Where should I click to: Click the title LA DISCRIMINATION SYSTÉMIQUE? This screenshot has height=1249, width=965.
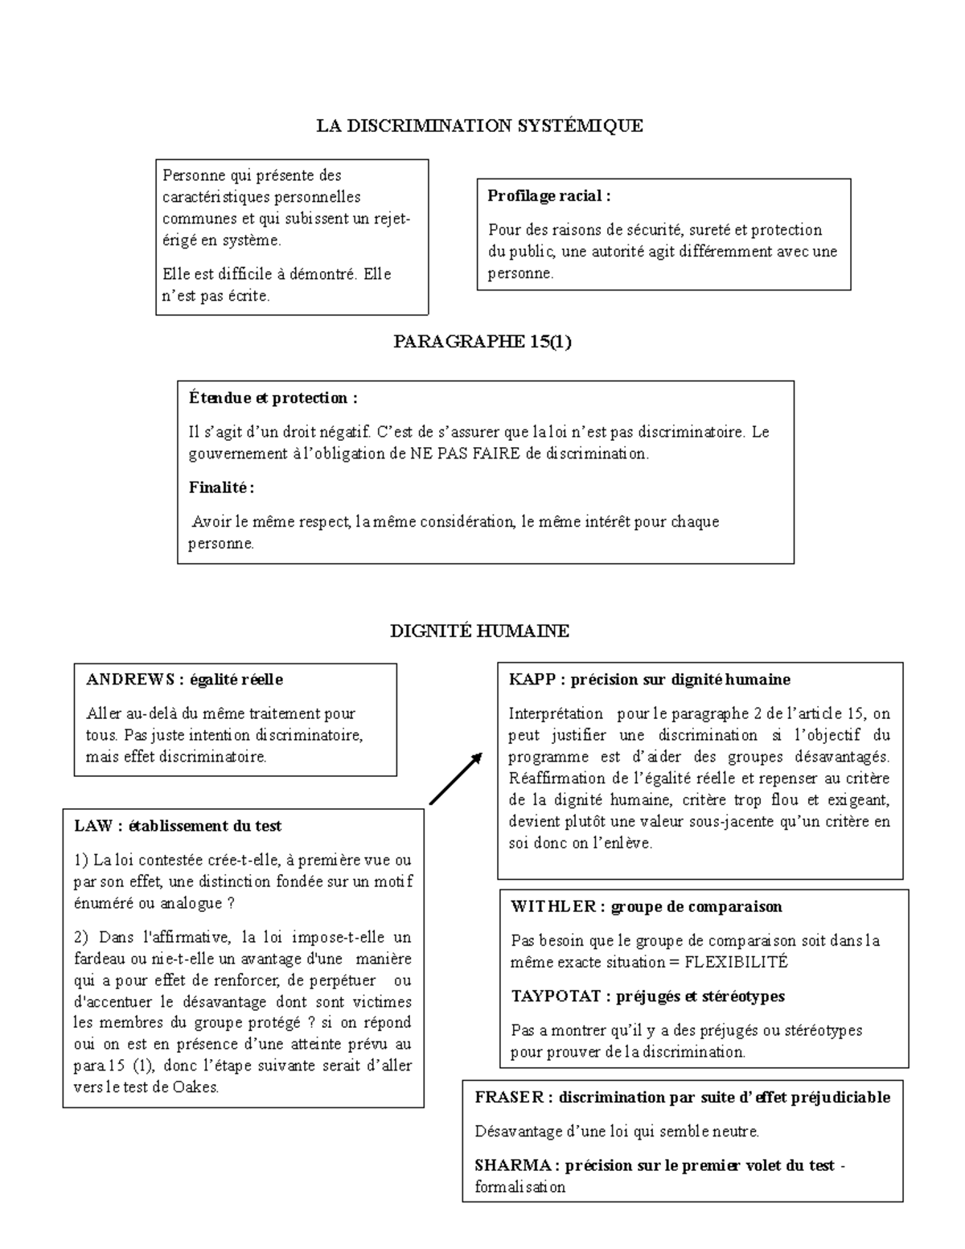coord(479,125)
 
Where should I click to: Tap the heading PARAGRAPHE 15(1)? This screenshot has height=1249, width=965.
coord(482,342)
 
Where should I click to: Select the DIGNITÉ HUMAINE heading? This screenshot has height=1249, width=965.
coord(479,631)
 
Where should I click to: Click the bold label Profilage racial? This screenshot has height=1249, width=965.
coord(548,196)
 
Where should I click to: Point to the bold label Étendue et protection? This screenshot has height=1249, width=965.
coord(273,398)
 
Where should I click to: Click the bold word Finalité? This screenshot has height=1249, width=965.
coord(221,487)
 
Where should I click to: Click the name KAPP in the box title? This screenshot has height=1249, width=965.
coord(532,680)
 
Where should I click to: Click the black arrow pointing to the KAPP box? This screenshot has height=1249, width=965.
coord(456,779)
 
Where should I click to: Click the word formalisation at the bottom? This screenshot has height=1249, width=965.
coord(519,1187)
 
